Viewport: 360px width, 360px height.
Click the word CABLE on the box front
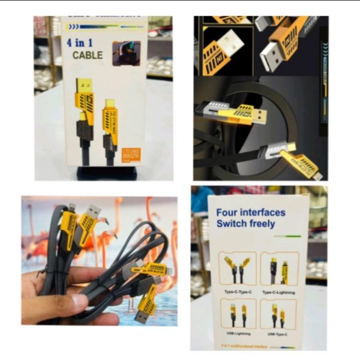[88, 55]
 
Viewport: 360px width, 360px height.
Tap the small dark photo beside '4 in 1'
[126, 53]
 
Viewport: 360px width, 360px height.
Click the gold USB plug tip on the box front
[83, 85]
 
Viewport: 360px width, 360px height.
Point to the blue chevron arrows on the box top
[73, 27]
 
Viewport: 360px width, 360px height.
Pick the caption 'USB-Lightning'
[238, 334]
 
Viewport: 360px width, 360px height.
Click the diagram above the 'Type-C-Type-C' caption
[238, 269]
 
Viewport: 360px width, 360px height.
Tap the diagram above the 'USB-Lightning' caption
[238, 313]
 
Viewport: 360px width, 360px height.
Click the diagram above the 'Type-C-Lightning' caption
[280, 269]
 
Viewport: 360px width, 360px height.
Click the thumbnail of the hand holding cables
[100, 261]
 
